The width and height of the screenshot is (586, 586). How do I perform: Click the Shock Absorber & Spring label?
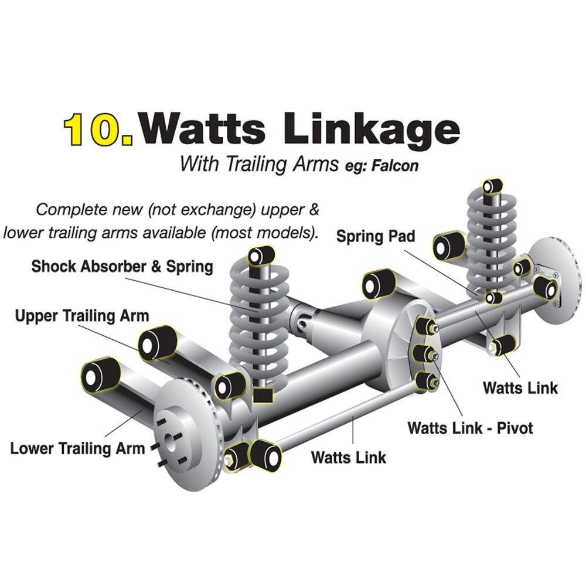(x=122, y=267)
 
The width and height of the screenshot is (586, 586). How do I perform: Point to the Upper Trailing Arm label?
(x=82, y=316)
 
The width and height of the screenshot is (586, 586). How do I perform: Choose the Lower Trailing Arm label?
(x=77, y=449)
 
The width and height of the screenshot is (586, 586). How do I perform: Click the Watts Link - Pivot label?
(x=470, y=427)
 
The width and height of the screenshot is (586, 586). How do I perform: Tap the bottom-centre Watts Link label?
(x=349, y=456)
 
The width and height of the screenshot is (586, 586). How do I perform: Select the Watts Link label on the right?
(x=520, y=387)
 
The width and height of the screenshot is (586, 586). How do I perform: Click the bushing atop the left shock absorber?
(x=260, y=255)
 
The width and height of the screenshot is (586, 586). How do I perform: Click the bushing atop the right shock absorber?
(x=492, y=187)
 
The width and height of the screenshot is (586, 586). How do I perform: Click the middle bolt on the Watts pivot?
(x=424, y=353)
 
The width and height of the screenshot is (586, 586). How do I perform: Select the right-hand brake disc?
(x=553, y=275)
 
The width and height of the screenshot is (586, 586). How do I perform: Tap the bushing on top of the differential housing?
(x=378, y=284)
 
